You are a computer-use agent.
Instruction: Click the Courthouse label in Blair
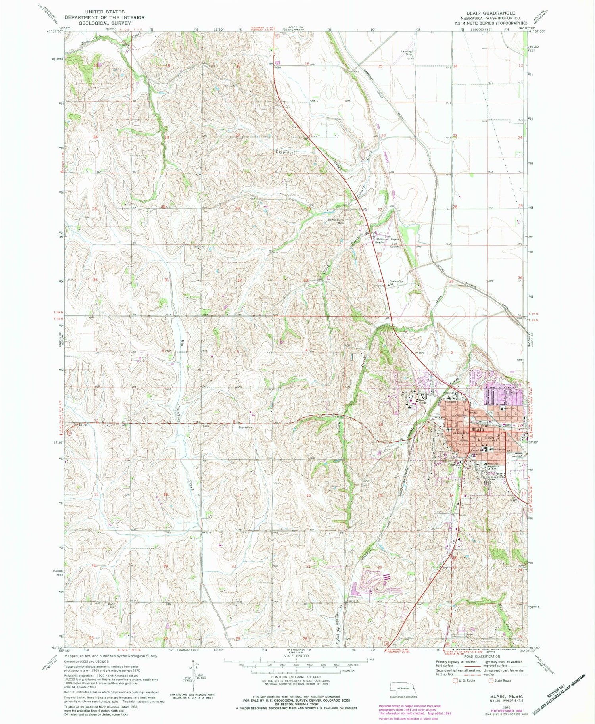pos(498,449)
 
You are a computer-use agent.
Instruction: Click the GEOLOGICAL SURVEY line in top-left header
pos(105,23)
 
